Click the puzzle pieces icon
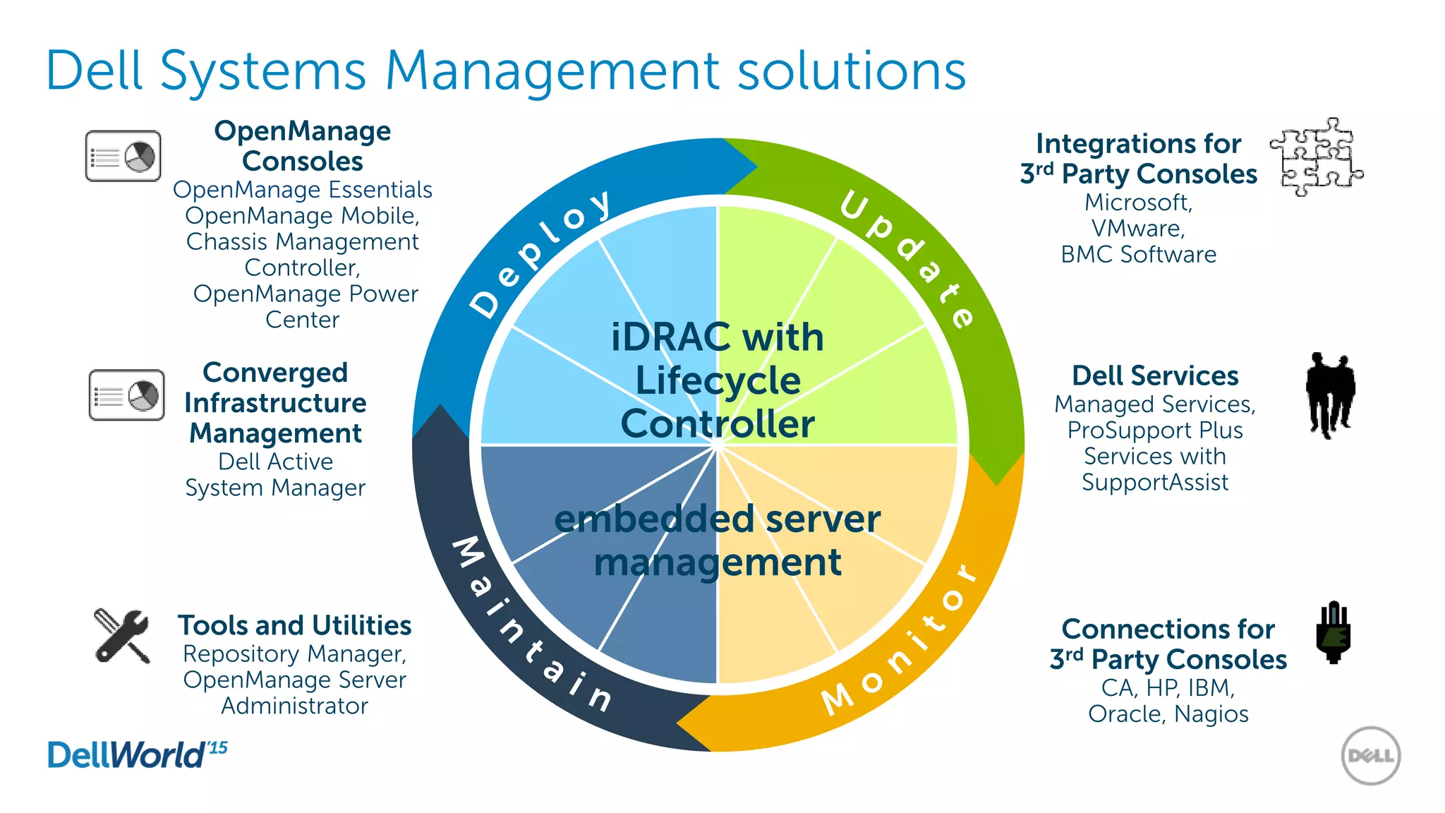[1316, 157]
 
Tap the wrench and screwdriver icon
[122, 636]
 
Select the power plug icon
[1333, 632]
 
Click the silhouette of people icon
[1330, 395]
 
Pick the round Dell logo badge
[1370, 756]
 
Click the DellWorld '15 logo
[137, 754]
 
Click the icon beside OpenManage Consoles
[123, 156]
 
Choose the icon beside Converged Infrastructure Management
[127, 395]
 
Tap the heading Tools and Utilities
[294, 625]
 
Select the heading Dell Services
[1155, 375]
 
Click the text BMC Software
[1138, 254]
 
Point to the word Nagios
[1211, 713]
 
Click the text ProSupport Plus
[1155, 430]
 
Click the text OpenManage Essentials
[302, 189]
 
